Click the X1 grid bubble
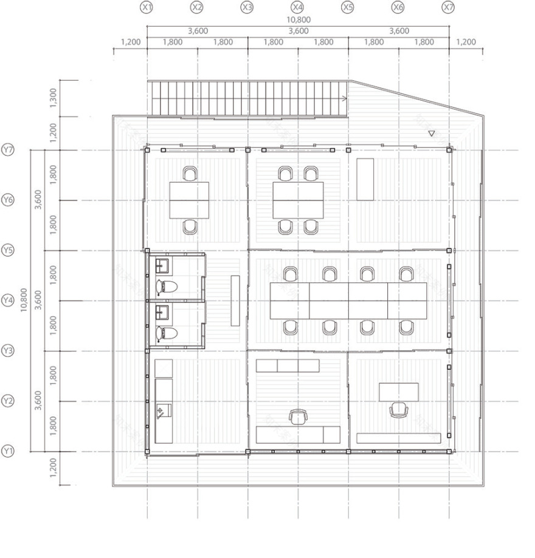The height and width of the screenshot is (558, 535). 147,7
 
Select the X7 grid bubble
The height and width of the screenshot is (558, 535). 448,7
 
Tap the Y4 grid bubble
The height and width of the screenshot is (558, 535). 8,301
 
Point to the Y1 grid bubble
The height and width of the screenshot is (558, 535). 8,451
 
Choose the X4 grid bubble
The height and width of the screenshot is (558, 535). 297,7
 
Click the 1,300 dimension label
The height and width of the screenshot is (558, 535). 53,97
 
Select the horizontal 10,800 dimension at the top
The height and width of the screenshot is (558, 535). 298,19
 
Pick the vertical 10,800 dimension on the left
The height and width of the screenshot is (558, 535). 24,300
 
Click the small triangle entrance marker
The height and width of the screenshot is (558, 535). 431,134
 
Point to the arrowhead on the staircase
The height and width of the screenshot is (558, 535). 344,98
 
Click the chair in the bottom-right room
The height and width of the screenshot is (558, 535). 398,410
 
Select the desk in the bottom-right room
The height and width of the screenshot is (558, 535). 398,392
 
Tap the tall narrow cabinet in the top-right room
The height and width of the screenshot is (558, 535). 365,179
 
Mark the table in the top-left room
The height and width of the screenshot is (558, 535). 189,200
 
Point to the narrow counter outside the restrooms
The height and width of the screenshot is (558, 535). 235,301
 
